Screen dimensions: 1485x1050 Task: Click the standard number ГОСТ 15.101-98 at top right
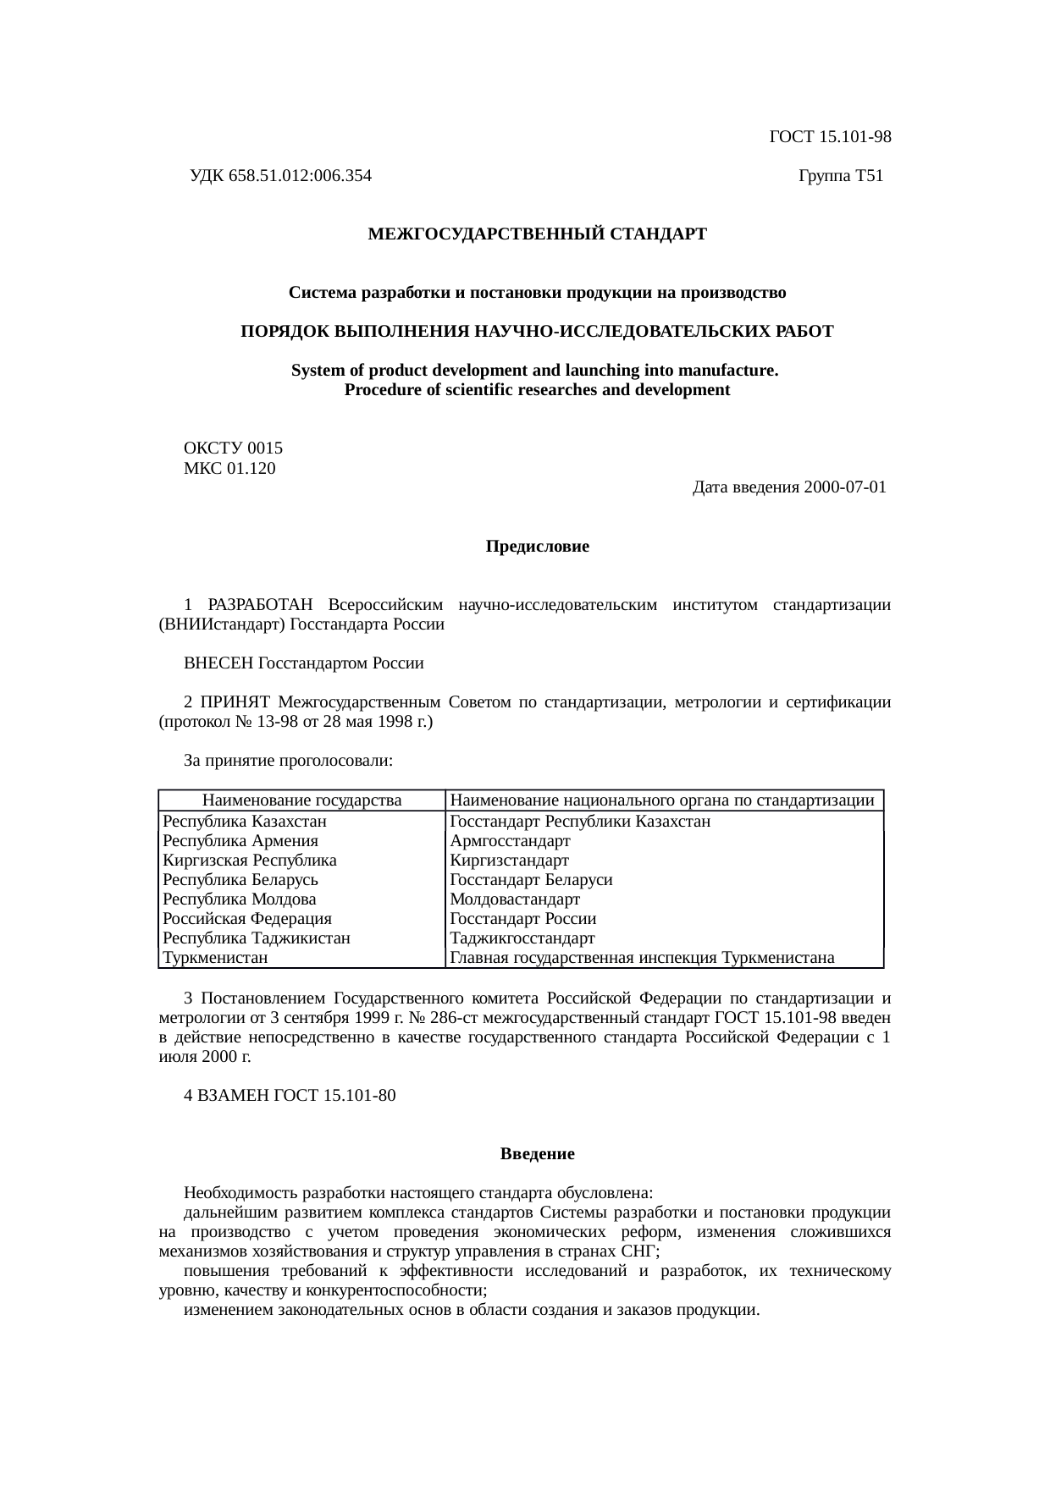tap(830, 136)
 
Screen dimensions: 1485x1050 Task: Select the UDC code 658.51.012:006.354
tap(300, 176)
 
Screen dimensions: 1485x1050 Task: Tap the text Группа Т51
tap(840, 176)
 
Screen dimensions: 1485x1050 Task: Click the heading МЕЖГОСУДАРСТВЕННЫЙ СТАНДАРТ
tap(537, 234)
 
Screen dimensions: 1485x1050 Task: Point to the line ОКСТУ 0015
tap(233, 448)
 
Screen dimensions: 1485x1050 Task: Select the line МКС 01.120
tap(229, 468)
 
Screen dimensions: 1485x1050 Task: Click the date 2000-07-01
tap(845, 487)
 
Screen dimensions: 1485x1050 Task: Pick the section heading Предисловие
tap(537, 547)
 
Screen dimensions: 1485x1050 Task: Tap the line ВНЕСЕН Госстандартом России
tap(303, 663)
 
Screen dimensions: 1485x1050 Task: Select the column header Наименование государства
tap(301, 800)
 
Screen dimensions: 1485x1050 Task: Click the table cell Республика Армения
tap(240, 841)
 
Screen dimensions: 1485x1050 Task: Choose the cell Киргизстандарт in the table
tap(509, 861)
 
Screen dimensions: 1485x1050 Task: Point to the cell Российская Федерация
tap(247, 919)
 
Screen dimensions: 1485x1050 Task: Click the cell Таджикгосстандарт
tap(522, 938)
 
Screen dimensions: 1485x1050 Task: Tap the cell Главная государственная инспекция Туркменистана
tap(642, 958)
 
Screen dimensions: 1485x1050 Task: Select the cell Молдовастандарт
tap(515, 899)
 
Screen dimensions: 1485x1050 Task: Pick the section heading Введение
tap(537, 1154)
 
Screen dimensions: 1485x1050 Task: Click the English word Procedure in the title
tap(380, 390)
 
